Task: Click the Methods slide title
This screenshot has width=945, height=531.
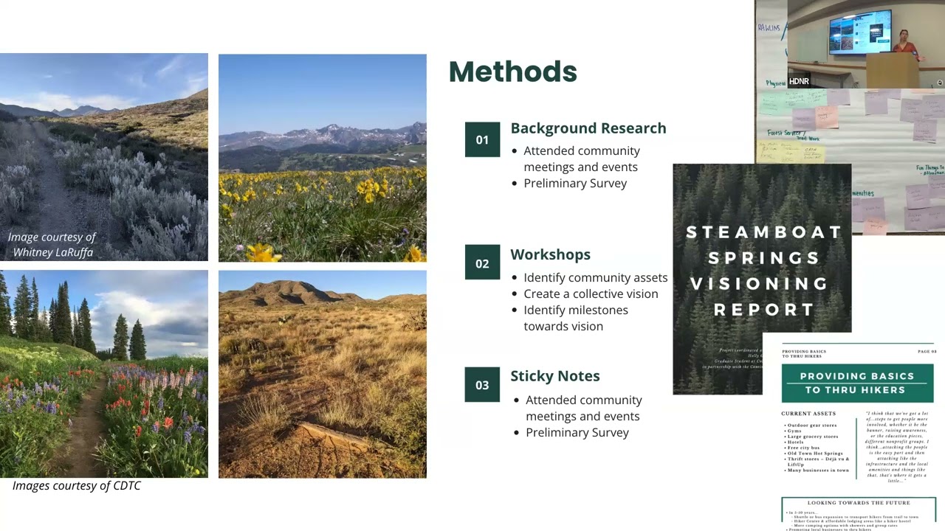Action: (x=512, y=72)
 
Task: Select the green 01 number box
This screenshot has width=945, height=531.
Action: (x=482, y=139)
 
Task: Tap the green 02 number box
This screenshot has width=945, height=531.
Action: (x=482, y=263)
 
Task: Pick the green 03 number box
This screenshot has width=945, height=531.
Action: (x=482, y=384)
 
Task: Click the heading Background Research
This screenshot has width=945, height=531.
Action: (x=588, y=128)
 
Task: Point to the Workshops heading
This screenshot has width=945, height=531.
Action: (x=550, y=254)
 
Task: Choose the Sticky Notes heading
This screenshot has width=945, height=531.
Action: (x=554, y=376)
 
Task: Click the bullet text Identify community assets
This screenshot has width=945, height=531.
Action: (x=595, y=277)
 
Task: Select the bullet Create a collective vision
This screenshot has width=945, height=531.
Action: (x=591, y=294)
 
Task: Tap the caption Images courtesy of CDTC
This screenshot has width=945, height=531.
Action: (x=76, y=485)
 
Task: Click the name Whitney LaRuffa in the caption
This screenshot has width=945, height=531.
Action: (x=53, y=252)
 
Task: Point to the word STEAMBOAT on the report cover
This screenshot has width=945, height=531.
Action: (x=764, y=232)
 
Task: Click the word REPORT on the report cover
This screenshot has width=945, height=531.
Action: (x=764, y=310)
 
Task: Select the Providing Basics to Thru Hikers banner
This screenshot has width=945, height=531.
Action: (x=857, y=383)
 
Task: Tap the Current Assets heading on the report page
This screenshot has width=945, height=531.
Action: (x=808, y=414)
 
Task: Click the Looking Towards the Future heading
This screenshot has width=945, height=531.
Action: (x=859, y=503)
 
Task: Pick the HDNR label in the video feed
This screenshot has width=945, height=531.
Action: (x=799, y=82)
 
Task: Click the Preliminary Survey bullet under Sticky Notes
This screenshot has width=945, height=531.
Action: (x=577, y=432)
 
